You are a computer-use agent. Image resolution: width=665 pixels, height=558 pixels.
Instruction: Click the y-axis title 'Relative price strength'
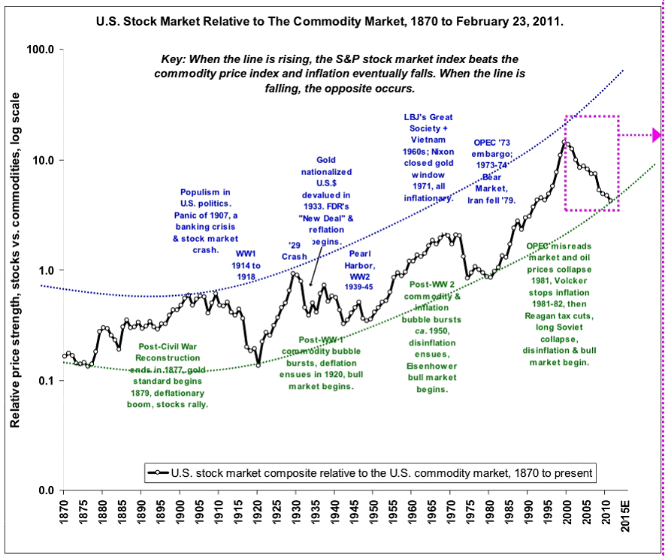15,260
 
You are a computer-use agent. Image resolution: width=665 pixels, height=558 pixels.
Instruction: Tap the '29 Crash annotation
295,250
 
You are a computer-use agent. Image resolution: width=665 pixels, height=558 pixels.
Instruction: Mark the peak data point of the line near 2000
565,142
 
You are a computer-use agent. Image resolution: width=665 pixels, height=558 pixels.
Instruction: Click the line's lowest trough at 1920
258,365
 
